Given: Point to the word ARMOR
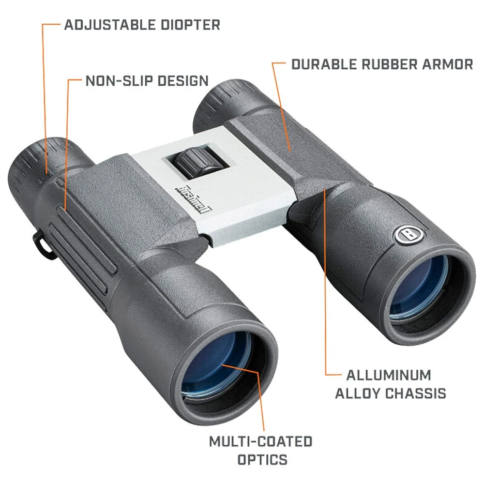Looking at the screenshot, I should click(447, 64).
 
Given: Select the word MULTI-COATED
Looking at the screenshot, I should click(260, 441).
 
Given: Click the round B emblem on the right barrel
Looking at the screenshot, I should click(406, 235).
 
